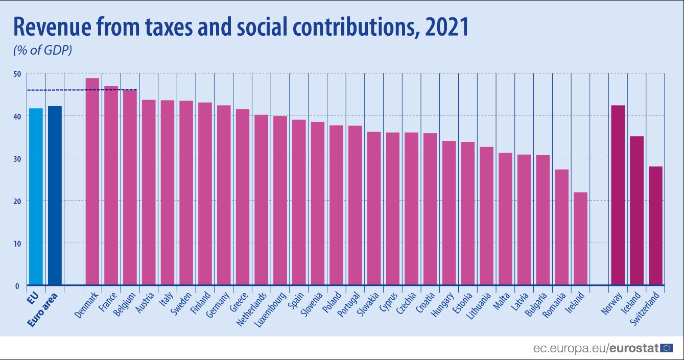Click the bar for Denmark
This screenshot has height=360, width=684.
92,181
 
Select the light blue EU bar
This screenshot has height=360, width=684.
36,197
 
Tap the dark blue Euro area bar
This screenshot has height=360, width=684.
55,196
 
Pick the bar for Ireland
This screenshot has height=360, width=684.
580,238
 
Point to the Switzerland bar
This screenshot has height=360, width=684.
655,225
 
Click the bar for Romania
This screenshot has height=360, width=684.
561,227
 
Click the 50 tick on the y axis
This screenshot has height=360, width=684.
17,74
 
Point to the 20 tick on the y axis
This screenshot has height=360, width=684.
17,201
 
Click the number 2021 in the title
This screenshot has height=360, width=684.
447,28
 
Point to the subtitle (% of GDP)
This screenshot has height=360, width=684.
42,51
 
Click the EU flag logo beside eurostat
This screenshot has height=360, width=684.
666,348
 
